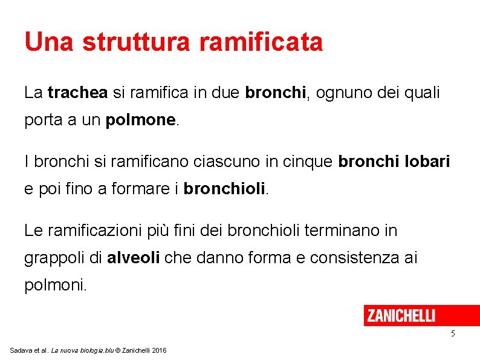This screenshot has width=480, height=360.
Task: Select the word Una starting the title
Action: tap(50, 42)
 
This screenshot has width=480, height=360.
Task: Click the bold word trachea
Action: tap(77, 93)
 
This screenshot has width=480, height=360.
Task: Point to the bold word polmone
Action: tap(140, 120)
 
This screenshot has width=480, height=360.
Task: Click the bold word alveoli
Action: tap(134, 258)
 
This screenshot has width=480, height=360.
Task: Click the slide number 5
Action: tap(453, 334)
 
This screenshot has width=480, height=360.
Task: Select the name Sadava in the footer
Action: tap(21, 350)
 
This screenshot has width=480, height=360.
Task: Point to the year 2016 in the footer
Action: tap(160, 350)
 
